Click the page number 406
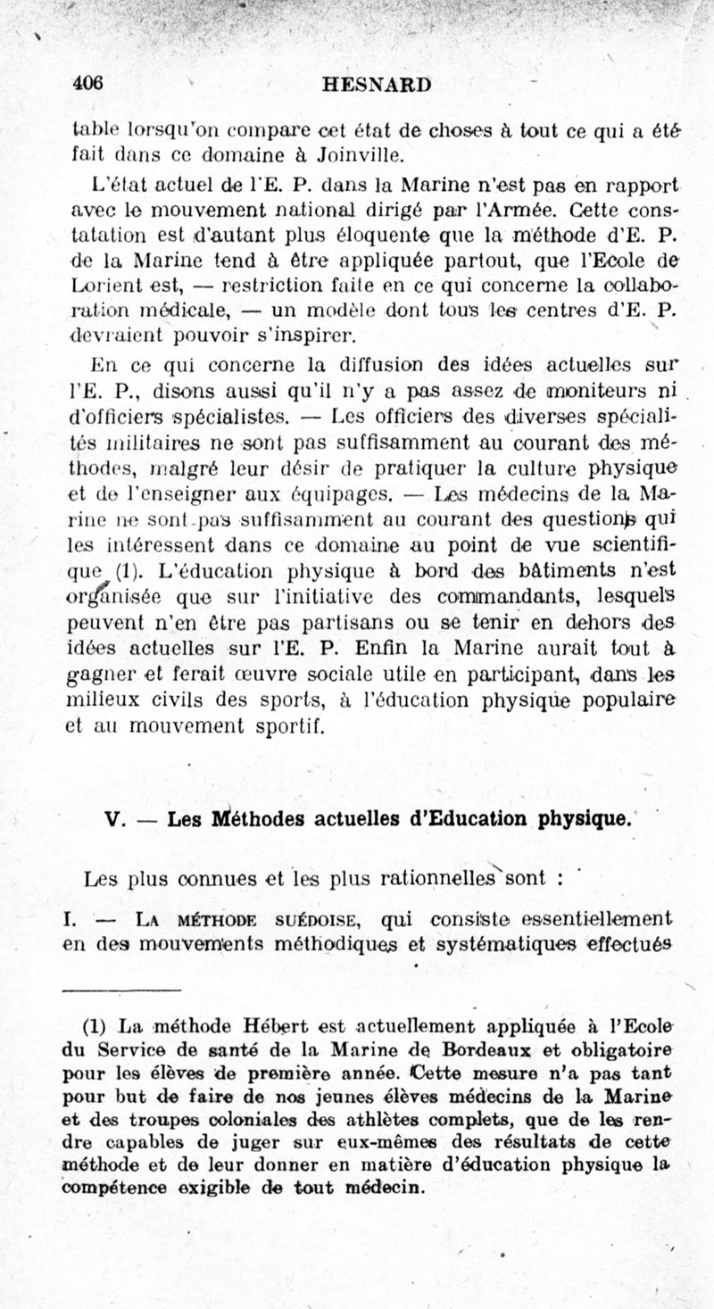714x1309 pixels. [88, 83]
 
